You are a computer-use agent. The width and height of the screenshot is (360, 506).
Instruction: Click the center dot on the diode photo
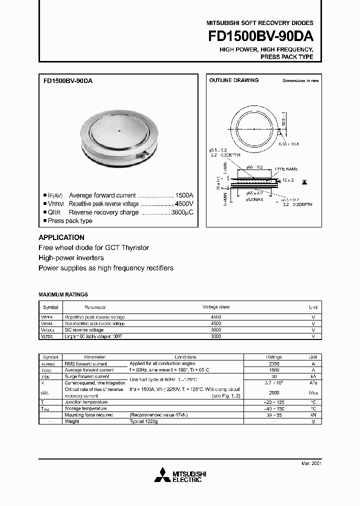[x=119, y=131]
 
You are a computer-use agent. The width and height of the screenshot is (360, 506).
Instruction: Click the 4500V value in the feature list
[x=183, y=204]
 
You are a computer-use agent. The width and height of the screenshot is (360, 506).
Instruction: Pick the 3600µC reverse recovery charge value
[x=181, y=212]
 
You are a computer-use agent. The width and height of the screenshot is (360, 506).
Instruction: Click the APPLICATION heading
[x=61, y=237]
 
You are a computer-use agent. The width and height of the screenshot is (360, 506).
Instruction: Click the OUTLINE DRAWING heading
[x=233, y=80]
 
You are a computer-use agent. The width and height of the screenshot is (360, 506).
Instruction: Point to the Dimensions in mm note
[x=300, y=80]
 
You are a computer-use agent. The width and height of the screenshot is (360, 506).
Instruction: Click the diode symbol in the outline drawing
[x=304, y=179]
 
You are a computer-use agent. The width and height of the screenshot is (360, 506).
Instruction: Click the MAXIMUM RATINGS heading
[x=63, y=295]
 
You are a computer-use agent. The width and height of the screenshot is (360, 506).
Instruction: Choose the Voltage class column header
[x=215, y=307]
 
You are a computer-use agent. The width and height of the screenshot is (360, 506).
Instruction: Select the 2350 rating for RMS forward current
[x=274, y=364]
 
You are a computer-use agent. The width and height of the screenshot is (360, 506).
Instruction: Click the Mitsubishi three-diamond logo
[x=162, y=474]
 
